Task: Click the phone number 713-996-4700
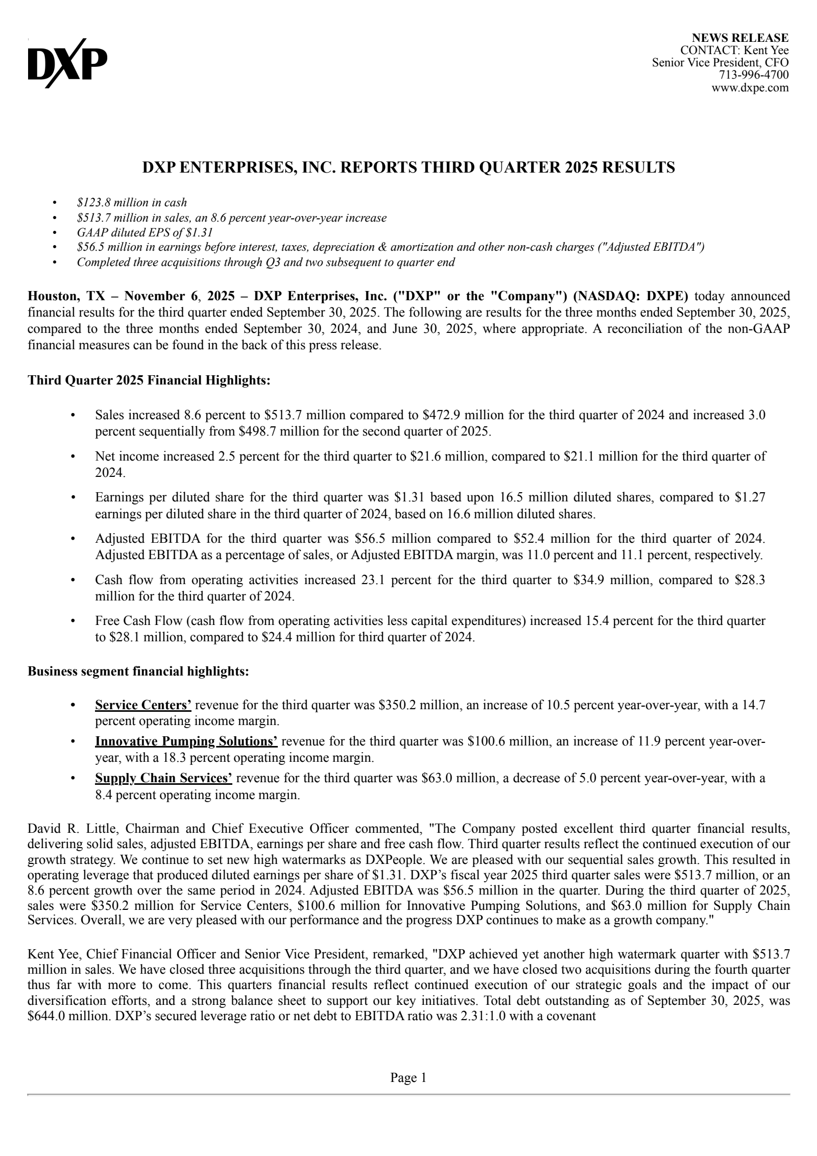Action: click(754, 75)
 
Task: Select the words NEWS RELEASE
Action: click(740, 38)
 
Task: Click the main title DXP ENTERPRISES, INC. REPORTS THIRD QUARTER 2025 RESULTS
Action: click(408, 167)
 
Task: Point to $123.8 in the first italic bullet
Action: click(93, 203)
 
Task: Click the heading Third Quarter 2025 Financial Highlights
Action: click(149, 380)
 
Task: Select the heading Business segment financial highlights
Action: click(138, 671)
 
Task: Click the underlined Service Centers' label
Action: click(143, 705)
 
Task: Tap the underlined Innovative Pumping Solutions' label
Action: click(186, 741)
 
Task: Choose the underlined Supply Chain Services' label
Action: click(163, 778)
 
